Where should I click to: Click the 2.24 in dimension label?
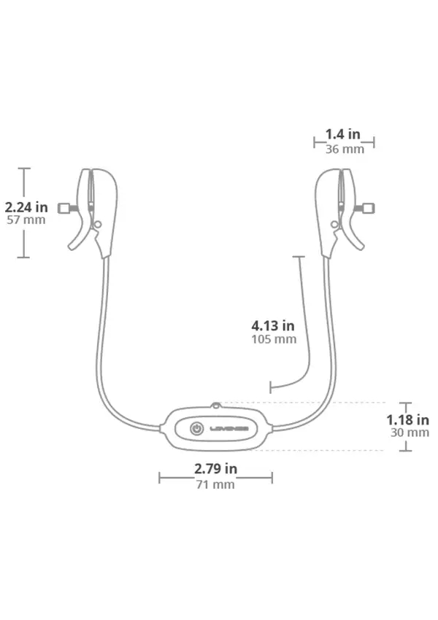(x=26, y=207)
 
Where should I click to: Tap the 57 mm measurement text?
(x=26, y=220)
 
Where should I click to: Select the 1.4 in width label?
(x=342, y=134)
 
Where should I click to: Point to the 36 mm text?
(x=345, y=149)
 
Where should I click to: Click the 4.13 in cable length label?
(x=273, y=326)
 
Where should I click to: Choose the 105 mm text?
(x=274, y=339)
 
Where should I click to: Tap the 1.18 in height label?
(x=407, y=419)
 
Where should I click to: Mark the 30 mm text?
(x=410, y=433)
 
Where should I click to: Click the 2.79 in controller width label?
(x=215, y=468)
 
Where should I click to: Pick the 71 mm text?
(x=215, y=484)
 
